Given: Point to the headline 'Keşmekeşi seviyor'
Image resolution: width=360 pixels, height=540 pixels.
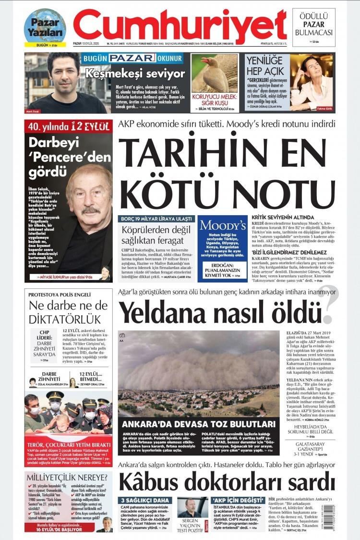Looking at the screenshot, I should pyautogui.click(x=135, y=74).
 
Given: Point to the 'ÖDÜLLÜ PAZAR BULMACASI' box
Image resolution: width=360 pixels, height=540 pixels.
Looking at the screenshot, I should pyautogui.click(x=313, y=25).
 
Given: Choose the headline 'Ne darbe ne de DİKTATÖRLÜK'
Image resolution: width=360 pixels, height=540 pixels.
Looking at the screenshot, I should pyautogui.click(x=67, y=312).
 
